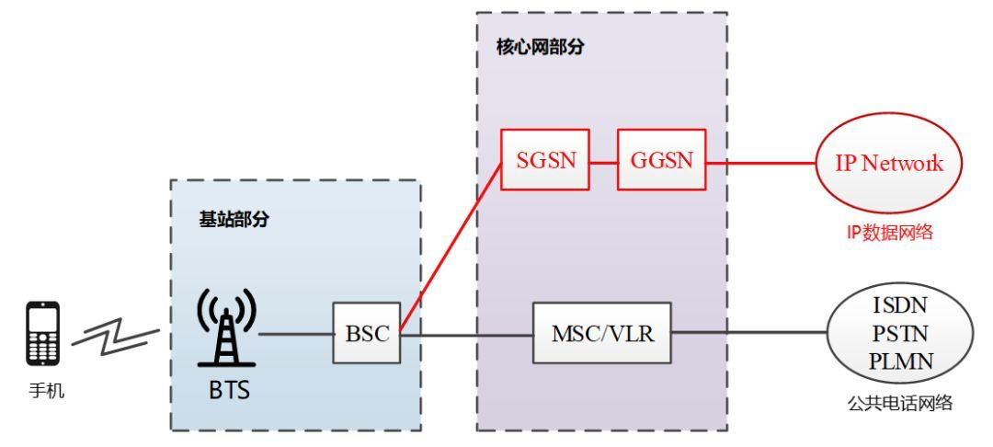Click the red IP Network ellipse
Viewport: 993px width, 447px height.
coord(889,164)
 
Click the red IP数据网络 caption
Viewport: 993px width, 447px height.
coord(889,233)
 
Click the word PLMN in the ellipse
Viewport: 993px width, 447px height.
coord(901,361)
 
